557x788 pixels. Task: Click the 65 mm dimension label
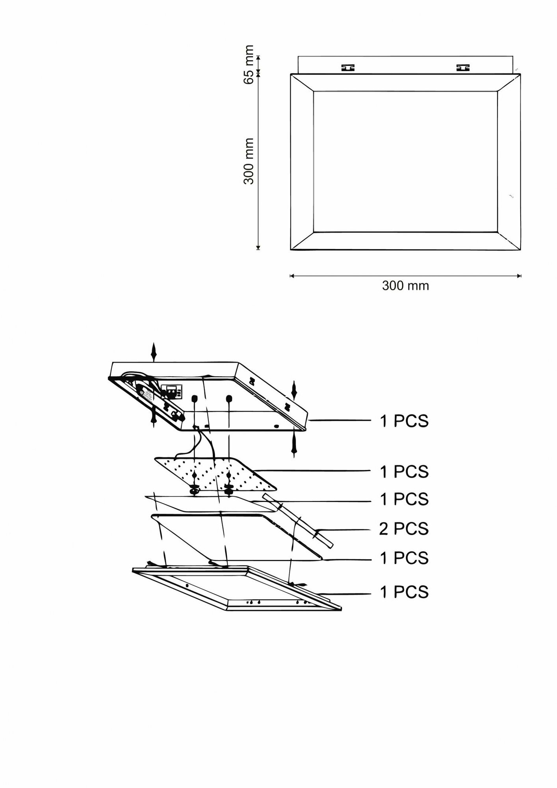pos(249,65)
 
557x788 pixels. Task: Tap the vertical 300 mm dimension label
pos(249,161)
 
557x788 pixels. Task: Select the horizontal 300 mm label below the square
pos(405,285)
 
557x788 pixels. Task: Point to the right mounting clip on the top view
pos(463,68)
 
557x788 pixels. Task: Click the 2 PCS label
pos(404,529)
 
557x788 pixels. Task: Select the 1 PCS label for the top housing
pos(404,421)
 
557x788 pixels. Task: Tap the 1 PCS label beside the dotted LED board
pos(404,472)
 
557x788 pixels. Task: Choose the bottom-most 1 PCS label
pos(404,592)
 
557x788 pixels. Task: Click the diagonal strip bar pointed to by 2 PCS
pos(299,524)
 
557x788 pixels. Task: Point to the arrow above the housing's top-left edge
pos(154,352)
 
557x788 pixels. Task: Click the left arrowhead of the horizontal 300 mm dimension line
pos(292,276)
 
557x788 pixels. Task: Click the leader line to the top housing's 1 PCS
pos(339,421)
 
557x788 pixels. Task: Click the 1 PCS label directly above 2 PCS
pos(404,499)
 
